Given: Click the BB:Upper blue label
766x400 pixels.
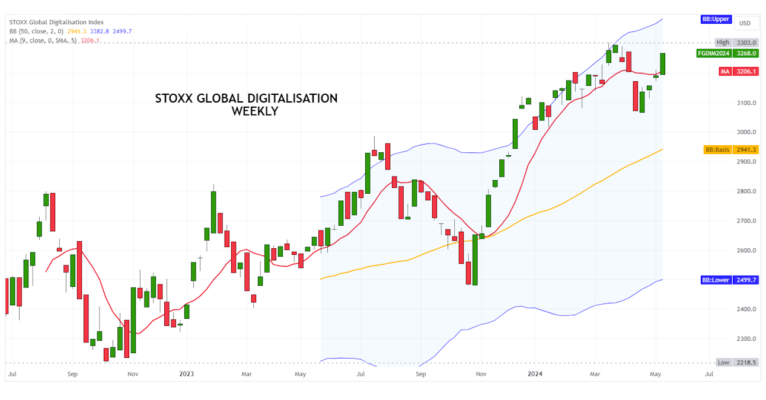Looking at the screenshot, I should (x=715, y=19).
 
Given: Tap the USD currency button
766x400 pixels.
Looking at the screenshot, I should (x=744, y=23).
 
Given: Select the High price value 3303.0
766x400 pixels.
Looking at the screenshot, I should (x=745, y=43).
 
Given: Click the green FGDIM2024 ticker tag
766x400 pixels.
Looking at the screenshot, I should (x=713, y=53).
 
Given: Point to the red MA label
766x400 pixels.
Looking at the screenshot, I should (x=724, y=72).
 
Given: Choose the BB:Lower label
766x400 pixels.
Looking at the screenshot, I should (x=716, y=280).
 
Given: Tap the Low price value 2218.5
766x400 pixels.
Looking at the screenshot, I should (x=745, y=362).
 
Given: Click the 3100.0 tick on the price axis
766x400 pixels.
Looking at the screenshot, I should (x=746, y=103).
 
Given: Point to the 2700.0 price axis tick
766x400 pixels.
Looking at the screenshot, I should (x=746, y=220).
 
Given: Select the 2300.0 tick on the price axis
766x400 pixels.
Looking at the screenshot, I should (x=746, y=338).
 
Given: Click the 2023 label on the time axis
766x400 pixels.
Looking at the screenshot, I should (x=187, y=375).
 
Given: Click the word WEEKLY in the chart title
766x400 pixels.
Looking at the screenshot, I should (x=254, y=111).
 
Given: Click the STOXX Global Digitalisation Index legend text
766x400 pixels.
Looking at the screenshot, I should (x=56, y=23).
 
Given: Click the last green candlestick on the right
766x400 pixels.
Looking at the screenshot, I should (x=662, y=63).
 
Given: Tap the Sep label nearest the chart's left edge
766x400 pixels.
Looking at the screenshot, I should (x=72, y=375).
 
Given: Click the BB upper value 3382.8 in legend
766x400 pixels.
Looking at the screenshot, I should (x=99, y=31).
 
